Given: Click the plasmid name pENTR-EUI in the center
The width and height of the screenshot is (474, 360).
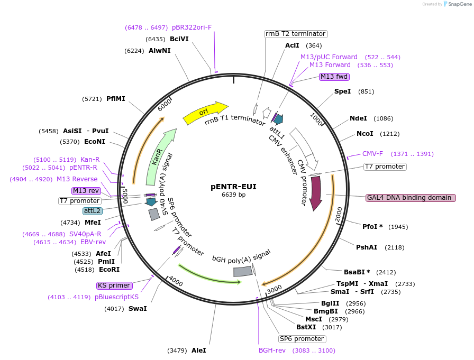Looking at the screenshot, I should coord(233,187).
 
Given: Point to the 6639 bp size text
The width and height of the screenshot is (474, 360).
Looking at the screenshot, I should coord(233,195).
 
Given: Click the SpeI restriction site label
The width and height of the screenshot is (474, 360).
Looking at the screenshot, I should coord(342,91).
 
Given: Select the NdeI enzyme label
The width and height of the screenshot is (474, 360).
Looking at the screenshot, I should coord(358,118).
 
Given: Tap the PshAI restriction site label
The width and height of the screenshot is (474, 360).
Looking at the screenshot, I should coord(367,247).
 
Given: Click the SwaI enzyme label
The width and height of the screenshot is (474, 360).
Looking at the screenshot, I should coord(138,309).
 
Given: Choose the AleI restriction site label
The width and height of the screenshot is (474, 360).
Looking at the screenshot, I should coord(198,350).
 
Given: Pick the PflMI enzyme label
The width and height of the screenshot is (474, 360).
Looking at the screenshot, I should coord(116,99).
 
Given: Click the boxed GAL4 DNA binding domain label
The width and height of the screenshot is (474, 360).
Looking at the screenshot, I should coord(411,198).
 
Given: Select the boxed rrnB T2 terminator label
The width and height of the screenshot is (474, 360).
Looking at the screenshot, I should coord(296,34).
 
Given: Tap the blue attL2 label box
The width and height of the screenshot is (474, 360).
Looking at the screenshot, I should coord(92,211).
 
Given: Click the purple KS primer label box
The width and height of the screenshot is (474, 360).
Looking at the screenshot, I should coord(114,285).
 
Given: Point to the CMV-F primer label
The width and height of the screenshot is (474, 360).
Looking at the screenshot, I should coord(372,154).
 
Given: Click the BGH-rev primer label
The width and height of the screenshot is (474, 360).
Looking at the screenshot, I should coord(272,350).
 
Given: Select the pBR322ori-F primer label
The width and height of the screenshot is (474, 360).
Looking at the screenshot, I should coord(192,27).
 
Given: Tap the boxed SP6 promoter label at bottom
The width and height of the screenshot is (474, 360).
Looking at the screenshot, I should coord(302,339).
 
